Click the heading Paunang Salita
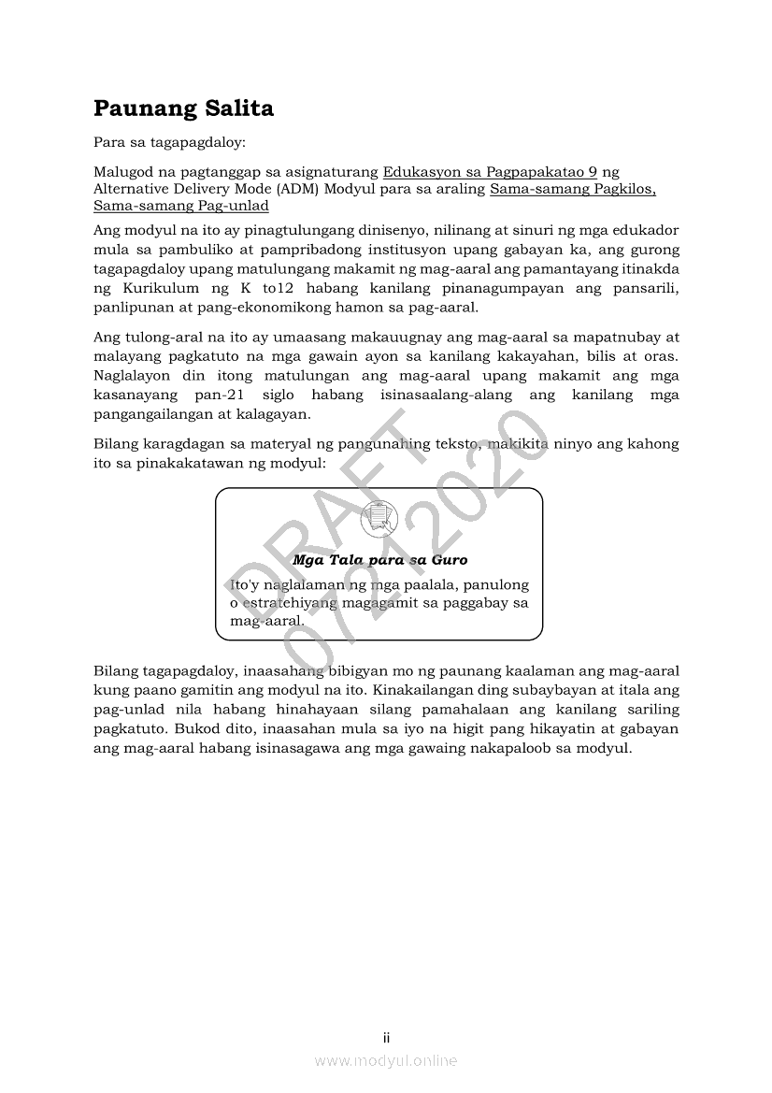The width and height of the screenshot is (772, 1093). pyautogui.click(x=183, y=108)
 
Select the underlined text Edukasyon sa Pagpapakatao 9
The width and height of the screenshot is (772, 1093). pyautogui.click(x=490, y=172)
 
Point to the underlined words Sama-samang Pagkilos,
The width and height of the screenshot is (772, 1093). pyautogui.click(x=572, y=189)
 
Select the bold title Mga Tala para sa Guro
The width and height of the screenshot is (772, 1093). pyautogui.click(x=379, y=560)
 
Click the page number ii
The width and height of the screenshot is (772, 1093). pyautogui.click(x=386, y=1038)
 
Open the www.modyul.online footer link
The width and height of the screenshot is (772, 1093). pyautogui.click(x=386, y=1061)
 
